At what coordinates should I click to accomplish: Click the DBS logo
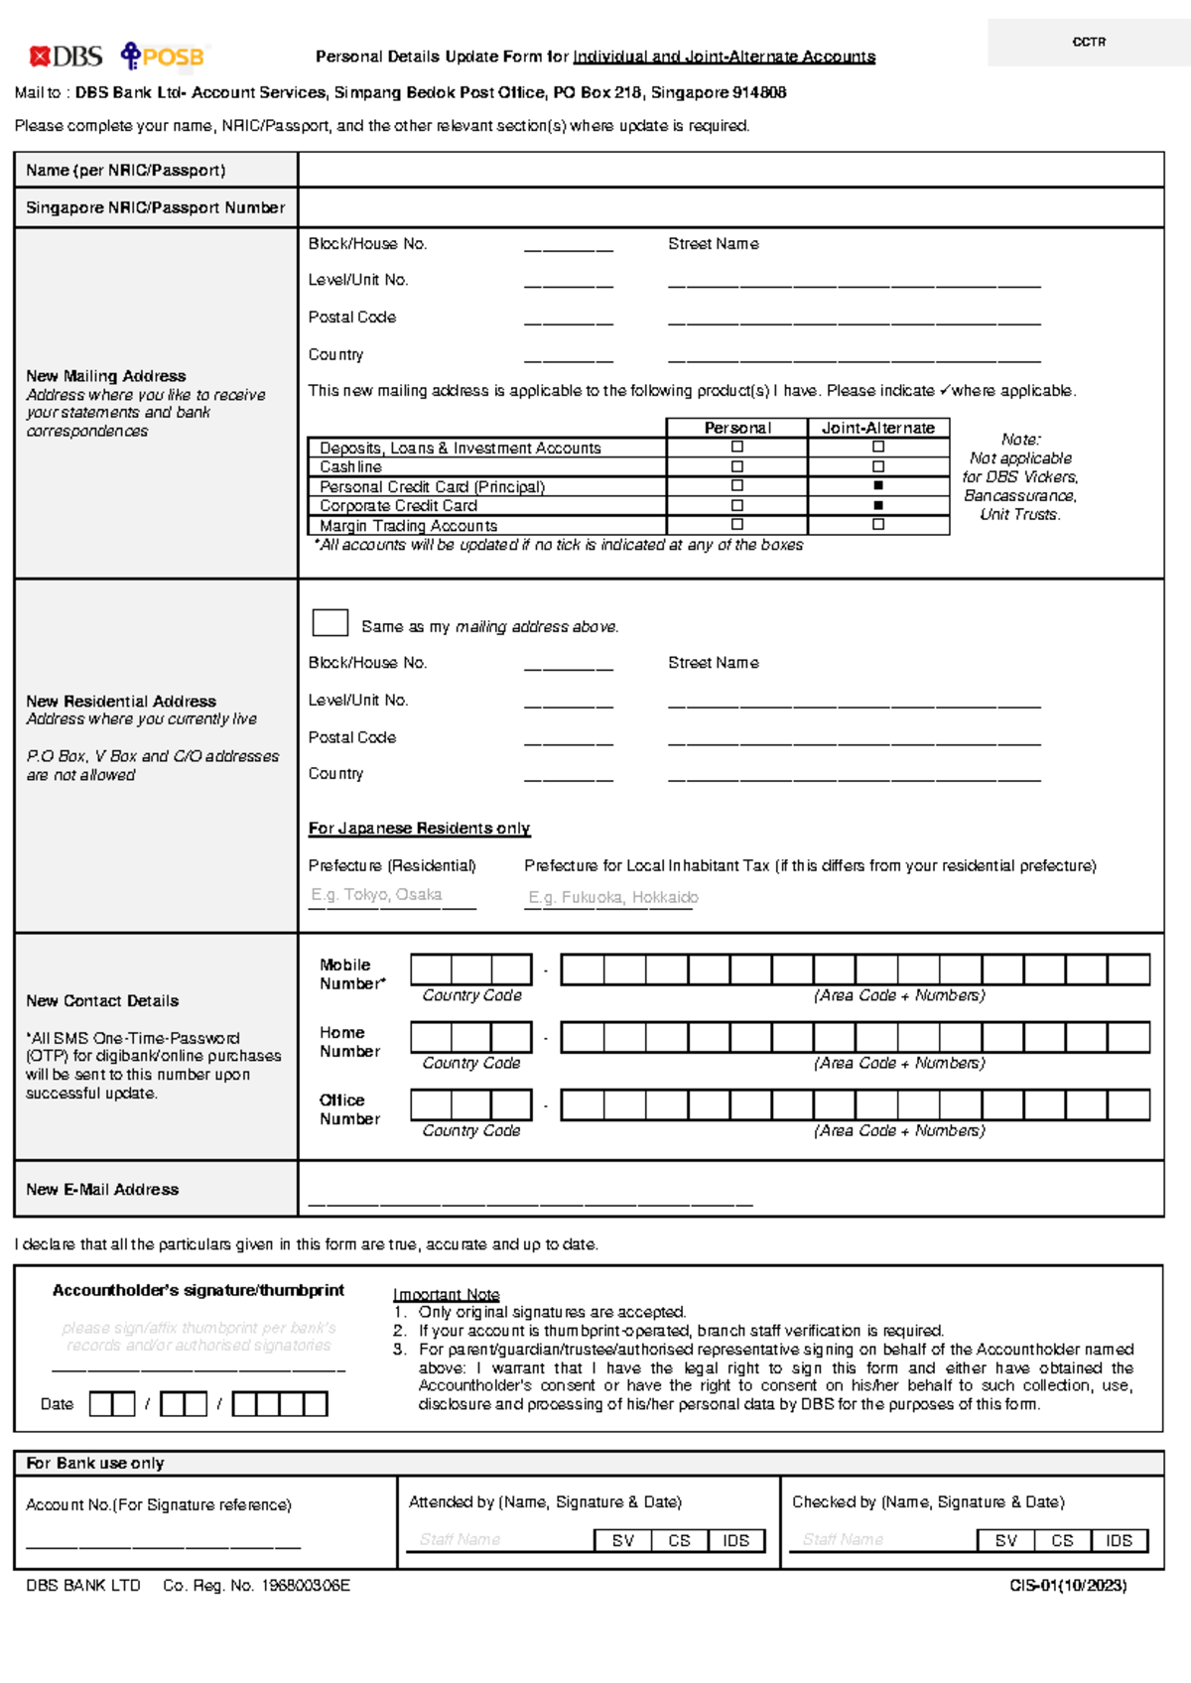(66, 57)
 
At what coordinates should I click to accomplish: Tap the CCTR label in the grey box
(1089, 42)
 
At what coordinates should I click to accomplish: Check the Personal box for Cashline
(736, 466)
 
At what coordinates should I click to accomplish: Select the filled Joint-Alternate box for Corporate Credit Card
(878, 505)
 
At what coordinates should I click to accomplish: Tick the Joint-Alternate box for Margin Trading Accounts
(878, 524)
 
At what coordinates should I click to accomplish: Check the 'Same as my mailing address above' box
(330, 622)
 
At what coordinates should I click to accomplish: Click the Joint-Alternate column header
(878, 428)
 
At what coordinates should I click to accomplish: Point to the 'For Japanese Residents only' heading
(419, 828)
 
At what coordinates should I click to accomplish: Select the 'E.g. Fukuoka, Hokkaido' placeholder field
(611, 897)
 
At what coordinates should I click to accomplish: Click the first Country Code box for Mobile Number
(431, 970)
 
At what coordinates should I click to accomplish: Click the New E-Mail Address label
(102, 1189)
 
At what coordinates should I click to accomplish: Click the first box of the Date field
(100, 1404)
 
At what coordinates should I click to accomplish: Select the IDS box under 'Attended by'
(735, 1540)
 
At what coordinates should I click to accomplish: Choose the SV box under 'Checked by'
(1005, 1540)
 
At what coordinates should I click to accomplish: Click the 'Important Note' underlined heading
(446, 1294)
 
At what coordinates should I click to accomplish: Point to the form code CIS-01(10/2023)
(1068, 1586)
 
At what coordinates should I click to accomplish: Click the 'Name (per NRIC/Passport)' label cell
(126, 170)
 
